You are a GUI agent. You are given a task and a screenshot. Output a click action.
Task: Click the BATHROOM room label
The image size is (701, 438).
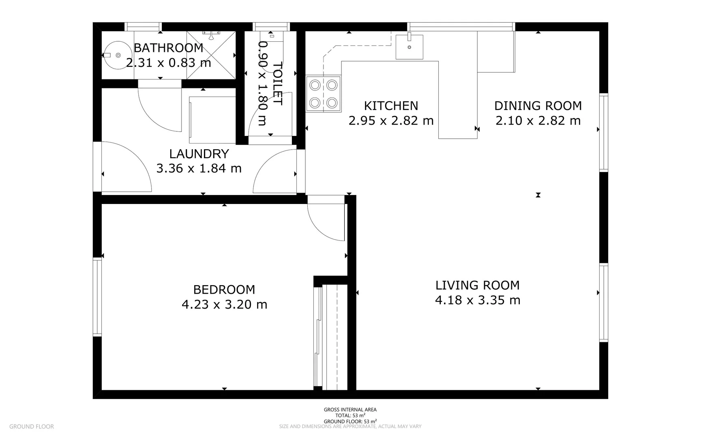click(168, 48)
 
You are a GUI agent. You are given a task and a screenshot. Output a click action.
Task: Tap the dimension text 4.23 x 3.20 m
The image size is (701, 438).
click(224, 305)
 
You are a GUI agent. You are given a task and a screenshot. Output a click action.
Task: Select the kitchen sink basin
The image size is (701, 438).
click(409, 47)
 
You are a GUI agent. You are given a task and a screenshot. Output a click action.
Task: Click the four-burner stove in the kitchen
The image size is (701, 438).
click(323, 94)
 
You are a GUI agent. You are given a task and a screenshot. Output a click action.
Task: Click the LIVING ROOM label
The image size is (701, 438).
click(477, 285)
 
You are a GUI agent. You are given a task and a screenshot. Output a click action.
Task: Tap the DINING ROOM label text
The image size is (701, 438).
click(538, 106)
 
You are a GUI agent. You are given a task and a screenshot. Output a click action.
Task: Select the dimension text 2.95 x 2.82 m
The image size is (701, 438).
click(391, 121)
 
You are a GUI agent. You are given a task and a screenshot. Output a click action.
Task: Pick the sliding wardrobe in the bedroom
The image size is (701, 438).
click(330, 337)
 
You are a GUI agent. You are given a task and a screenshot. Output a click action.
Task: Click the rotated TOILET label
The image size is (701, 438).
click(277, 83)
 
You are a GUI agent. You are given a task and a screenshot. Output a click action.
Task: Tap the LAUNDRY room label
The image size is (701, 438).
click(199, 154)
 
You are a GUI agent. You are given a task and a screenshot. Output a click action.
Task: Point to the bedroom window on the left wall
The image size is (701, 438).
click(97, 297)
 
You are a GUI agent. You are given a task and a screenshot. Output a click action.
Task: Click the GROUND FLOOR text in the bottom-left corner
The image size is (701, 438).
click(31, 426)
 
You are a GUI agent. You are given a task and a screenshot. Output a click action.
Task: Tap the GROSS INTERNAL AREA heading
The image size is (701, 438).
click(350, 410)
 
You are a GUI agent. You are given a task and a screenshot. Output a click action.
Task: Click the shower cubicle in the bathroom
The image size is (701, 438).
click(211, 55)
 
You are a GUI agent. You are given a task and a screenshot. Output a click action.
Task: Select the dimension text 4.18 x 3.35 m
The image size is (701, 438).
click(477, 301)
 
